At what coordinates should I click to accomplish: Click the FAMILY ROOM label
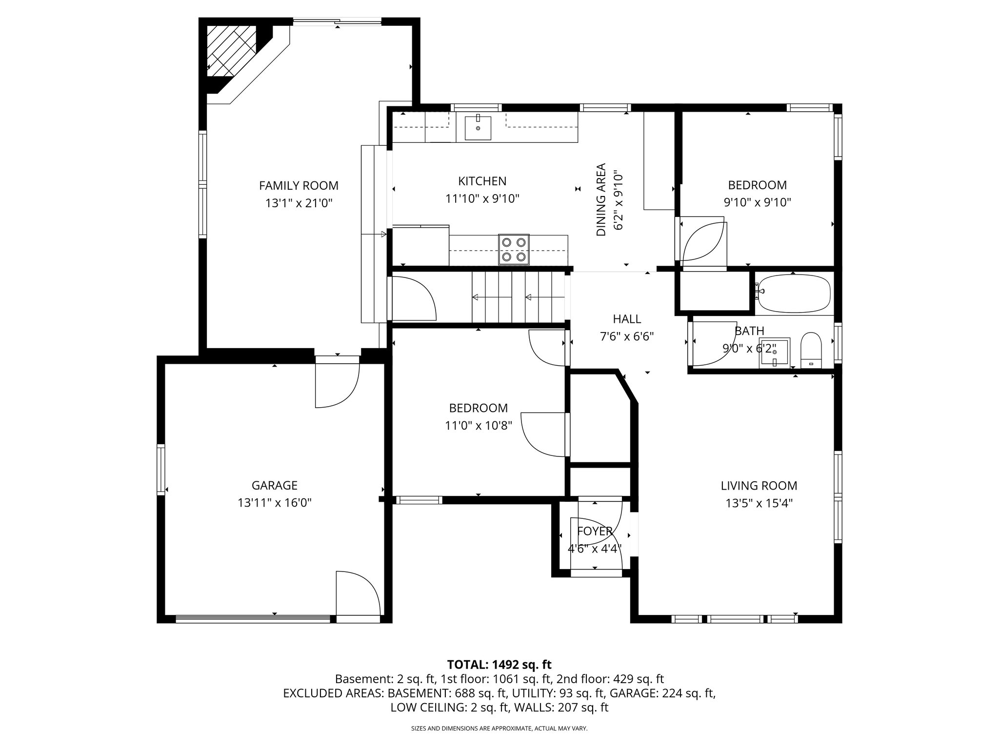299,186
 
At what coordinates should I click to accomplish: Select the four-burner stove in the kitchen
514,249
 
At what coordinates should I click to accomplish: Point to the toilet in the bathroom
811,350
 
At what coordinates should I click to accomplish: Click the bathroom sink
774,353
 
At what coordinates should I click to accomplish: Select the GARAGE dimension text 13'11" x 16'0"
275,503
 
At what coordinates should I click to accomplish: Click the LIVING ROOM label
759,486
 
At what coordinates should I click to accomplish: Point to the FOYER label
594,531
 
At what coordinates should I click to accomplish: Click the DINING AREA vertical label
601,199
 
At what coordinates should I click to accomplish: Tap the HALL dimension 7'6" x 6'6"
627,336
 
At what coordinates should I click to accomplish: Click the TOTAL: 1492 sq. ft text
499,664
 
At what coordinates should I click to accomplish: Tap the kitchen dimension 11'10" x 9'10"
482,199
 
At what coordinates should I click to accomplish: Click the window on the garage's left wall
160,469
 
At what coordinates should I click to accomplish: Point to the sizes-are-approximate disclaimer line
499,729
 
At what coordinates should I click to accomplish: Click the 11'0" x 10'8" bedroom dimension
478,426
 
